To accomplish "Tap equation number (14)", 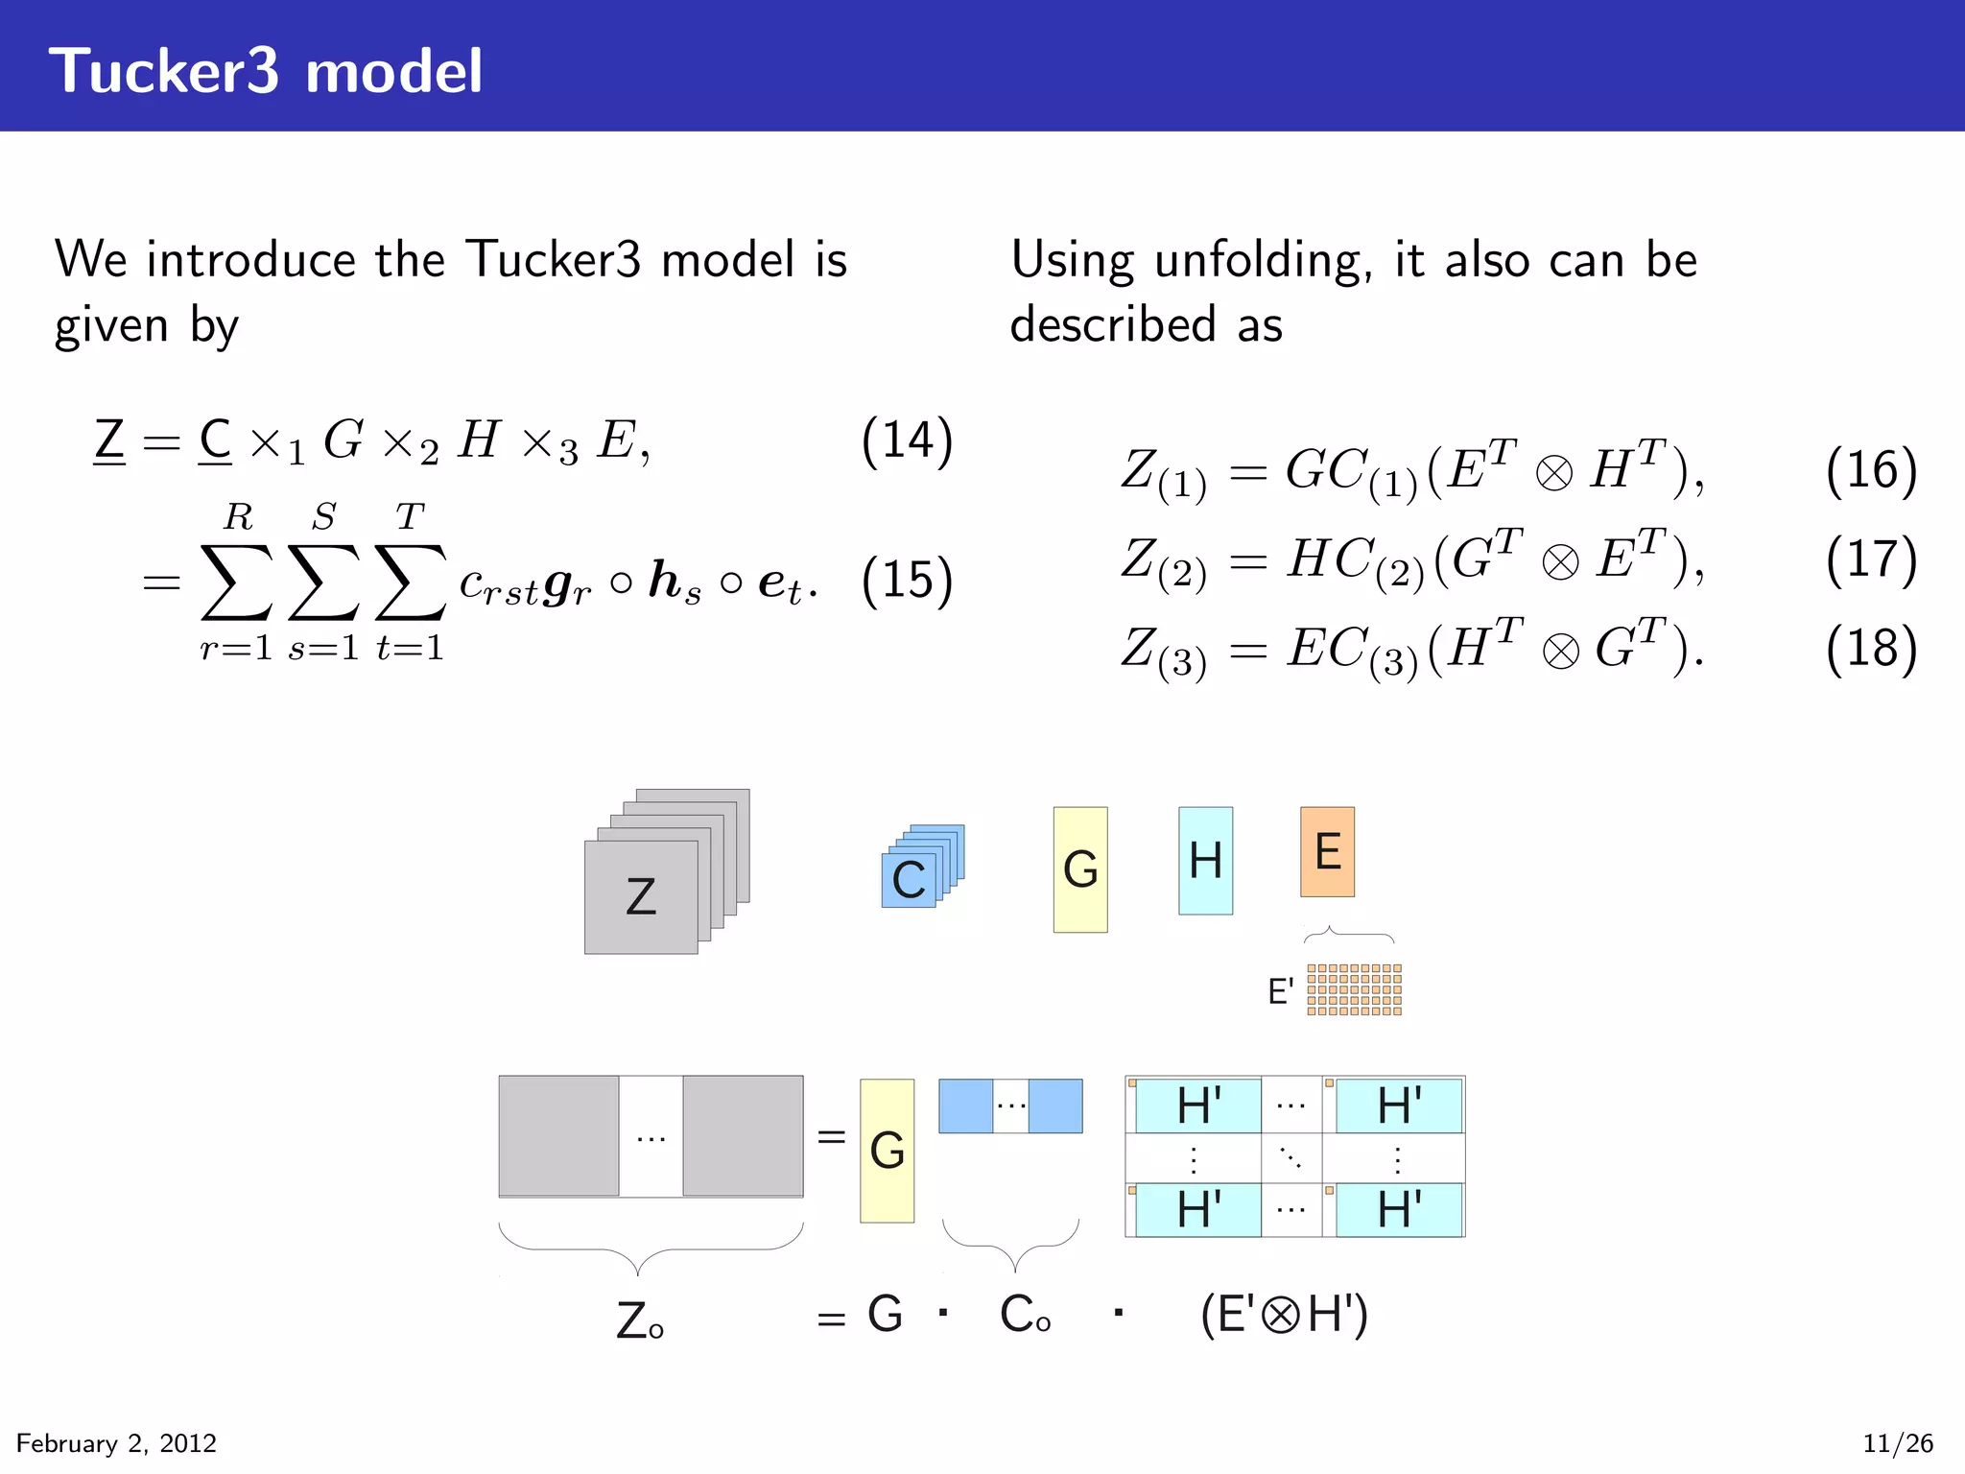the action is click(x=907, y=441).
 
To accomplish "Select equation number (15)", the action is click(x=907, y=581).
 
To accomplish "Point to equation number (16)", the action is click(x=1871, y=471).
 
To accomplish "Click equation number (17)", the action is click(x=1871, y=559).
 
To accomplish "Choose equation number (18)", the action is click(x=1871, y=648).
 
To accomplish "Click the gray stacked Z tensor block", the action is click(x=641, y=896).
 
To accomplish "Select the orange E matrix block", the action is click(x=1327, y=851).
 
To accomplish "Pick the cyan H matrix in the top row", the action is click(x=1205, y=860).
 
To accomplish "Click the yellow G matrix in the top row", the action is click(x=1080, y=868).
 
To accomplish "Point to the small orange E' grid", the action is click(x=1354, y=989).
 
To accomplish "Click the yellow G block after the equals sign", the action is click(x=887, y=1150).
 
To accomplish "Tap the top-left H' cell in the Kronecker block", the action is click(x=1198, y=1105).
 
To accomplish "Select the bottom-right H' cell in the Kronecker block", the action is click(x=1399, y=1209).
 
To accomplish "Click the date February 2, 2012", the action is click(x=116, y=1443).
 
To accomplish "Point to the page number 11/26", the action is click(x=1898, y=1443).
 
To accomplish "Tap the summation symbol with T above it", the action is click(x=410, y=582).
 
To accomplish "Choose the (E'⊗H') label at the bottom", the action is click(x=1284, y=1315).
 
